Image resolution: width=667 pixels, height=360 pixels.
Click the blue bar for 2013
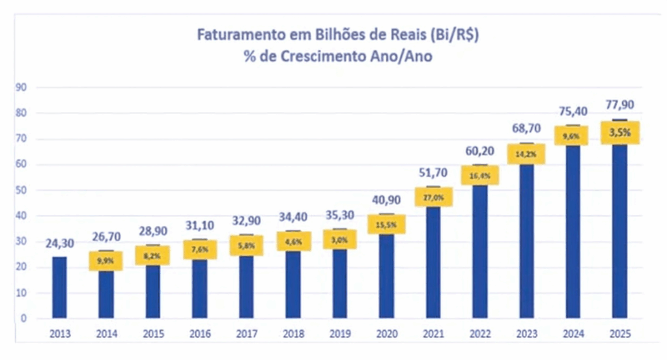click(59, 287)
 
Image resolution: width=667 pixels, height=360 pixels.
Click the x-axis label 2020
click(386, 335)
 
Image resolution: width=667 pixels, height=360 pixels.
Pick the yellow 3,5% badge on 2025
click(619, 133)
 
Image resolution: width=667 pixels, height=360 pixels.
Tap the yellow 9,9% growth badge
click(106, 261)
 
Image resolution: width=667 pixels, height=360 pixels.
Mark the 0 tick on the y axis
click(23, 319)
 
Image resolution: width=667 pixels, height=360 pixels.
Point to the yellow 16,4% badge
click(481, 176)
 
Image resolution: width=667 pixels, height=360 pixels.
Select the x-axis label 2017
click(246, 335)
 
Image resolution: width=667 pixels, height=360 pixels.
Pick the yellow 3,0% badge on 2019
click(340, 240)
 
